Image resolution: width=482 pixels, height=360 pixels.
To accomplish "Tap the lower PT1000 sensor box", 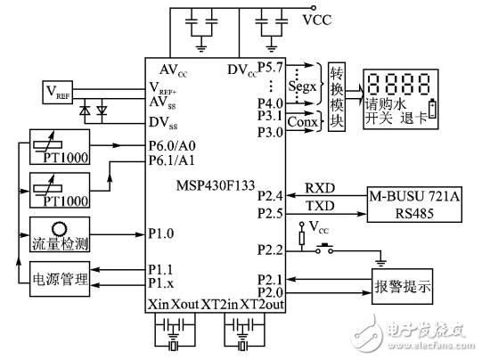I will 59,191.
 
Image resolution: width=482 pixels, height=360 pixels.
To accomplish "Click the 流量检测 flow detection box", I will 59,234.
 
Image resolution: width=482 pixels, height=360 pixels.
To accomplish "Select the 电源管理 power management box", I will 59,277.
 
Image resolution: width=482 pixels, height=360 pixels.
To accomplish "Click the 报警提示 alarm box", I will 402,288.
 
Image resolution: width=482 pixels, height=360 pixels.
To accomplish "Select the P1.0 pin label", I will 162,235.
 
